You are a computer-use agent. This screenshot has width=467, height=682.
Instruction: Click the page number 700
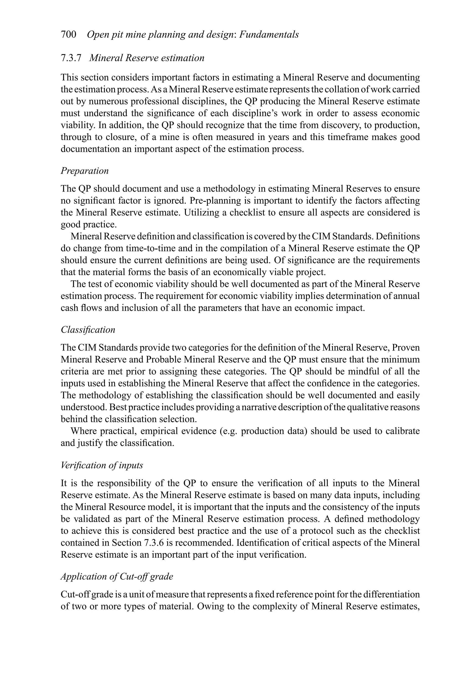[x=68, y=35]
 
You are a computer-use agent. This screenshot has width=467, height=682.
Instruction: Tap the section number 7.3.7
[x=70, y=58]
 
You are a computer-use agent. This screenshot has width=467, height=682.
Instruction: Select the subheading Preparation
[x=85, y=171]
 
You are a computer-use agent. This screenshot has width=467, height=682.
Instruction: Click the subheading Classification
[x=88, y=330]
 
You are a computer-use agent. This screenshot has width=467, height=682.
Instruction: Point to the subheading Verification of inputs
[x=102, y=466]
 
